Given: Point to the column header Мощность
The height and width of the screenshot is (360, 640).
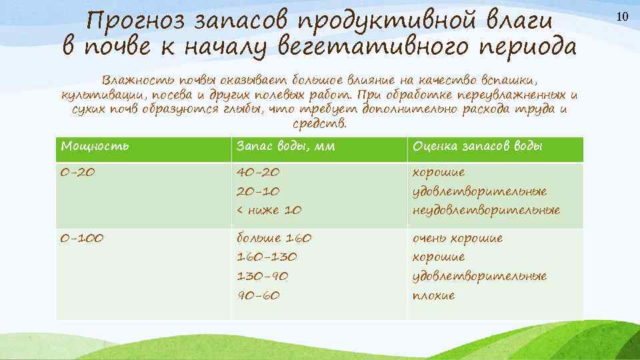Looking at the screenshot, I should tap(95, 146).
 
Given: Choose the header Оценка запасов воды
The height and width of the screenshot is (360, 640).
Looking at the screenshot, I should tap(477, 146).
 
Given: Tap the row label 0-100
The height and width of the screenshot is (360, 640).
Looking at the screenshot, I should tap(82, 238).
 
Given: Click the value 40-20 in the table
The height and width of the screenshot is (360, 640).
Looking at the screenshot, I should tap(259, 172).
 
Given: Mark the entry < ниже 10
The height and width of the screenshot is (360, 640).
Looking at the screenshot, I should tap(269, 210).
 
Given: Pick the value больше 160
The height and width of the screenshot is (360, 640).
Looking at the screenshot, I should tap(274, 238).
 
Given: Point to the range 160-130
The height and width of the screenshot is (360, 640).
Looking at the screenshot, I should tap(267, 257).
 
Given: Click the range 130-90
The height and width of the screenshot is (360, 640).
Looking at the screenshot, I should tap(263, 275).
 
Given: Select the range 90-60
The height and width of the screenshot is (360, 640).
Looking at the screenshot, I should tap(259, 295).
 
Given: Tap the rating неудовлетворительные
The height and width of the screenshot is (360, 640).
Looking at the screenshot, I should tap(486, 210).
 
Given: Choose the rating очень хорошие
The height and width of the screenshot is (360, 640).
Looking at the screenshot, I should tap(457, 238).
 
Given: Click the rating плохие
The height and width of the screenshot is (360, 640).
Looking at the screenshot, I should tap(434, 295).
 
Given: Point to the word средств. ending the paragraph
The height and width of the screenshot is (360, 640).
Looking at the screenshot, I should tap(320, 124).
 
